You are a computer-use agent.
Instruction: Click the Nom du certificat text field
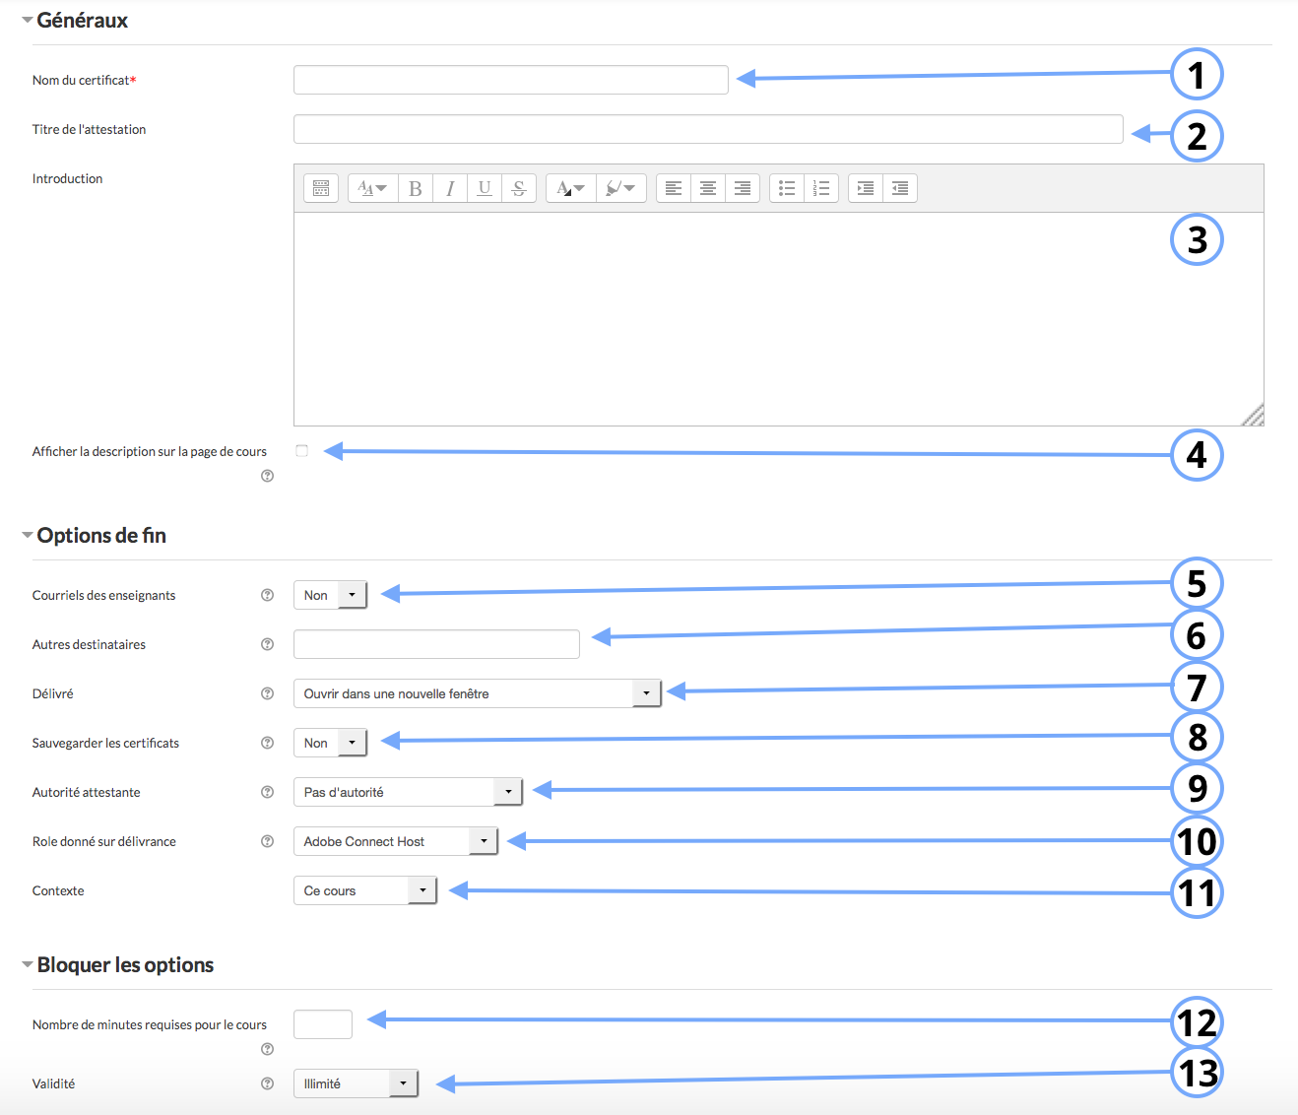point(510,80)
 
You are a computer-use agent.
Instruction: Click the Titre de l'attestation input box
point(708,129)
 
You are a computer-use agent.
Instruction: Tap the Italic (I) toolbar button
point(450,188)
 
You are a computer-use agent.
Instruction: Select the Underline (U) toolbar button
point(485,188)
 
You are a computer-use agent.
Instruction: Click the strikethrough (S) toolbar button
point(519,188)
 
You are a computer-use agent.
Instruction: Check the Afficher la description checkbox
point(302,450)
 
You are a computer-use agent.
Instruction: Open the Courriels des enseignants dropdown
point(330,595)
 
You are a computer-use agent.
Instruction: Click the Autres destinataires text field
point(436,644)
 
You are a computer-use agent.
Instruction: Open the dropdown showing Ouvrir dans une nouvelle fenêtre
point(478,693)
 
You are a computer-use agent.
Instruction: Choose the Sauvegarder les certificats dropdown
point(330,743)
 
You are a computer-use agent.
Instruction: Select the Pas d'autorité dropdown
point(408,792)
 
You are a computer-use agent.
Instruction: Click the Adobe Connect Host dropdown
point(396,841)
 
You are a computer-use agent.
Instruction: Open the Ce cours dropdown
point(364,890)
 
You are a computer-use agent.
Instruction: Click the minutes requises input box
point(323,1024)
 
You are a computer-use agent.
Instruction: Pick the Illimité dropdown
point(356,1083)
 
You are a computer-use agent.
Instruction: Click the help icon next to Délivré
point(268,693)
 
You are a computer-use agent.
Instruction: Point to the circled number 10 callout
point(1197,841)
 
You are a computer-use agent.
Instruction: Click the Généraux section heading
point(83,20)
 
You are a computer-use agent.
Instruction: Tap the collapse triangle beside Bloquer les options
point(27,964)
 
